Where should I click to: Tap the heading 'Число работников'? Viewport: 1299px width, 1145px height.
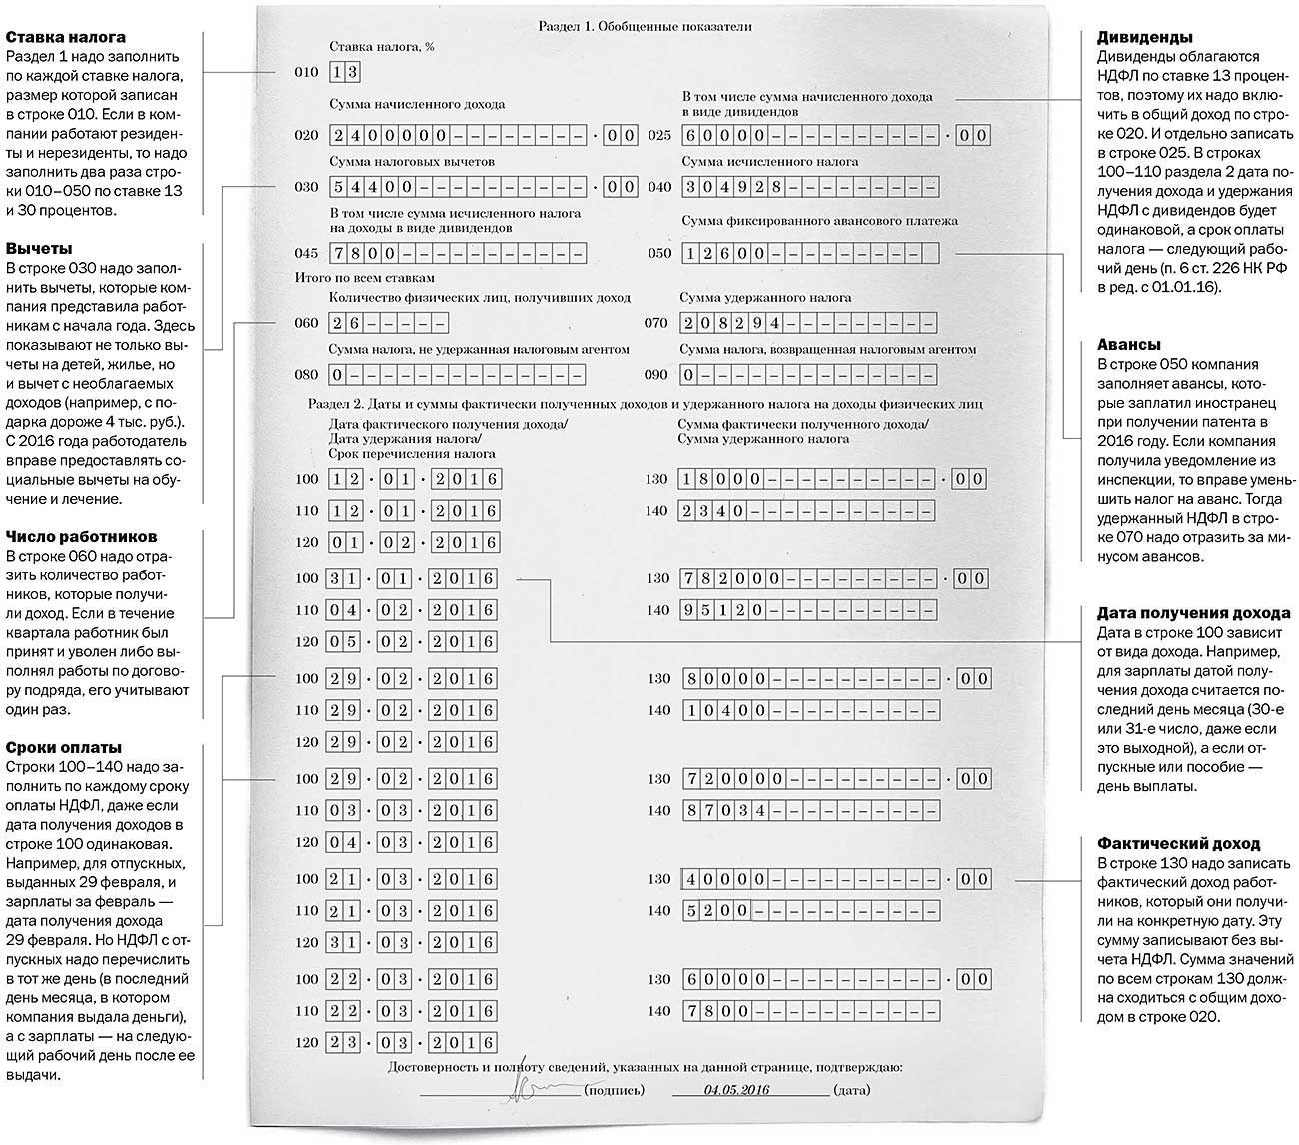81,537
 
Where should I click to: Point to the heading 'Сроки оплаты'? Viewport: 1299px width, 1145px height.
64,747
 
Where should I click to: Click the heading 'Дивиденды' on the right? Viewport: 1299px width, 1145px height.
1144,37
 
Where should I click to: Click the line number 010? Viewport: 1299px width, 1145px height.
306,73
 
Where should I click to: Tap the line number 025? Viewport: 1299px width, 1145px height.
660,135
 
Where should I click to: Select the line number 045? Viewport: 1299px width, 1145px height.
306,253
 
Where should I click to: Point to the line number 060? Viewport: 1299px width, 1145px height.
306,323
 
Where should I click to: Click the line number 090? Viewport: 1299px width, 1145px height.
655,376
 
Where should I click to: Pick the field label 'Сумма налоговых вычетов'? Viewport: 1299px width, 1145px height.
412,162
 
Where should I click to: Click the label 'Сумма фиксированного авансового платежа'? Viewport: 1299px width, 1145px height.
819,221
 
